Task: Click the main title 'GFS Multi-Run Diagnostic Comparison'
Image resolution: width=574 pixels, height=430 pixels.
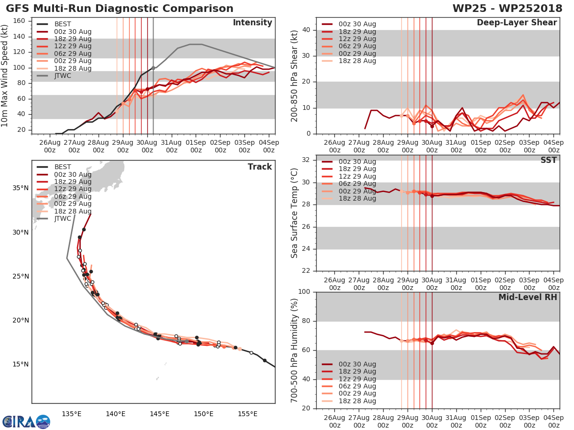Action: coord(120,9)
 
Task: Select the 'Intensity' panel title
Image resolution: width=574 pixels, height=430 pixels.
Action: coord(252,23)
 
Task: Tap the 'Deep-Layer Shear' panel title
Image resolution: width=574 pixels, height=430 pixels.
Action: coord(517,23)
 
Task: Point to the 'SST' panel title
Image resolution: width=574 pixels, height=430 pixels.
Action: coord(548,160)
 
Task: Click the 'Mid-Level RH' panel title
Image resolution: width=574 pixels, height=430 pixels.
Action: coord(528,297)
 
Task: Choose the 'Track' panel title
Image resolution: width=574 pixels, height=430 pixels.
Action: coord(260,167)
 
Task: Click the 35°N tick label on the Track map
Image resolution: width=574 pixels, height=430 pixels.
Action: coord(20,188)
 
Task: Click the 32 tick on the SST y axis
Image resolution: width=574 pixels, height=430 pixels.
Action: coord(308,160)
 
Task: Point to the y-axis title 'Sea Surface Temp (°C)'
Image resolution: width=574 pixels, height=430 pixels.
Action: coord(295,213)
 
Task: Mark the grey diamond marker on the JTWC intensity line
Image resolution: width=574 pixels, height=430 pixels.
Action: coord(153,68)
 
